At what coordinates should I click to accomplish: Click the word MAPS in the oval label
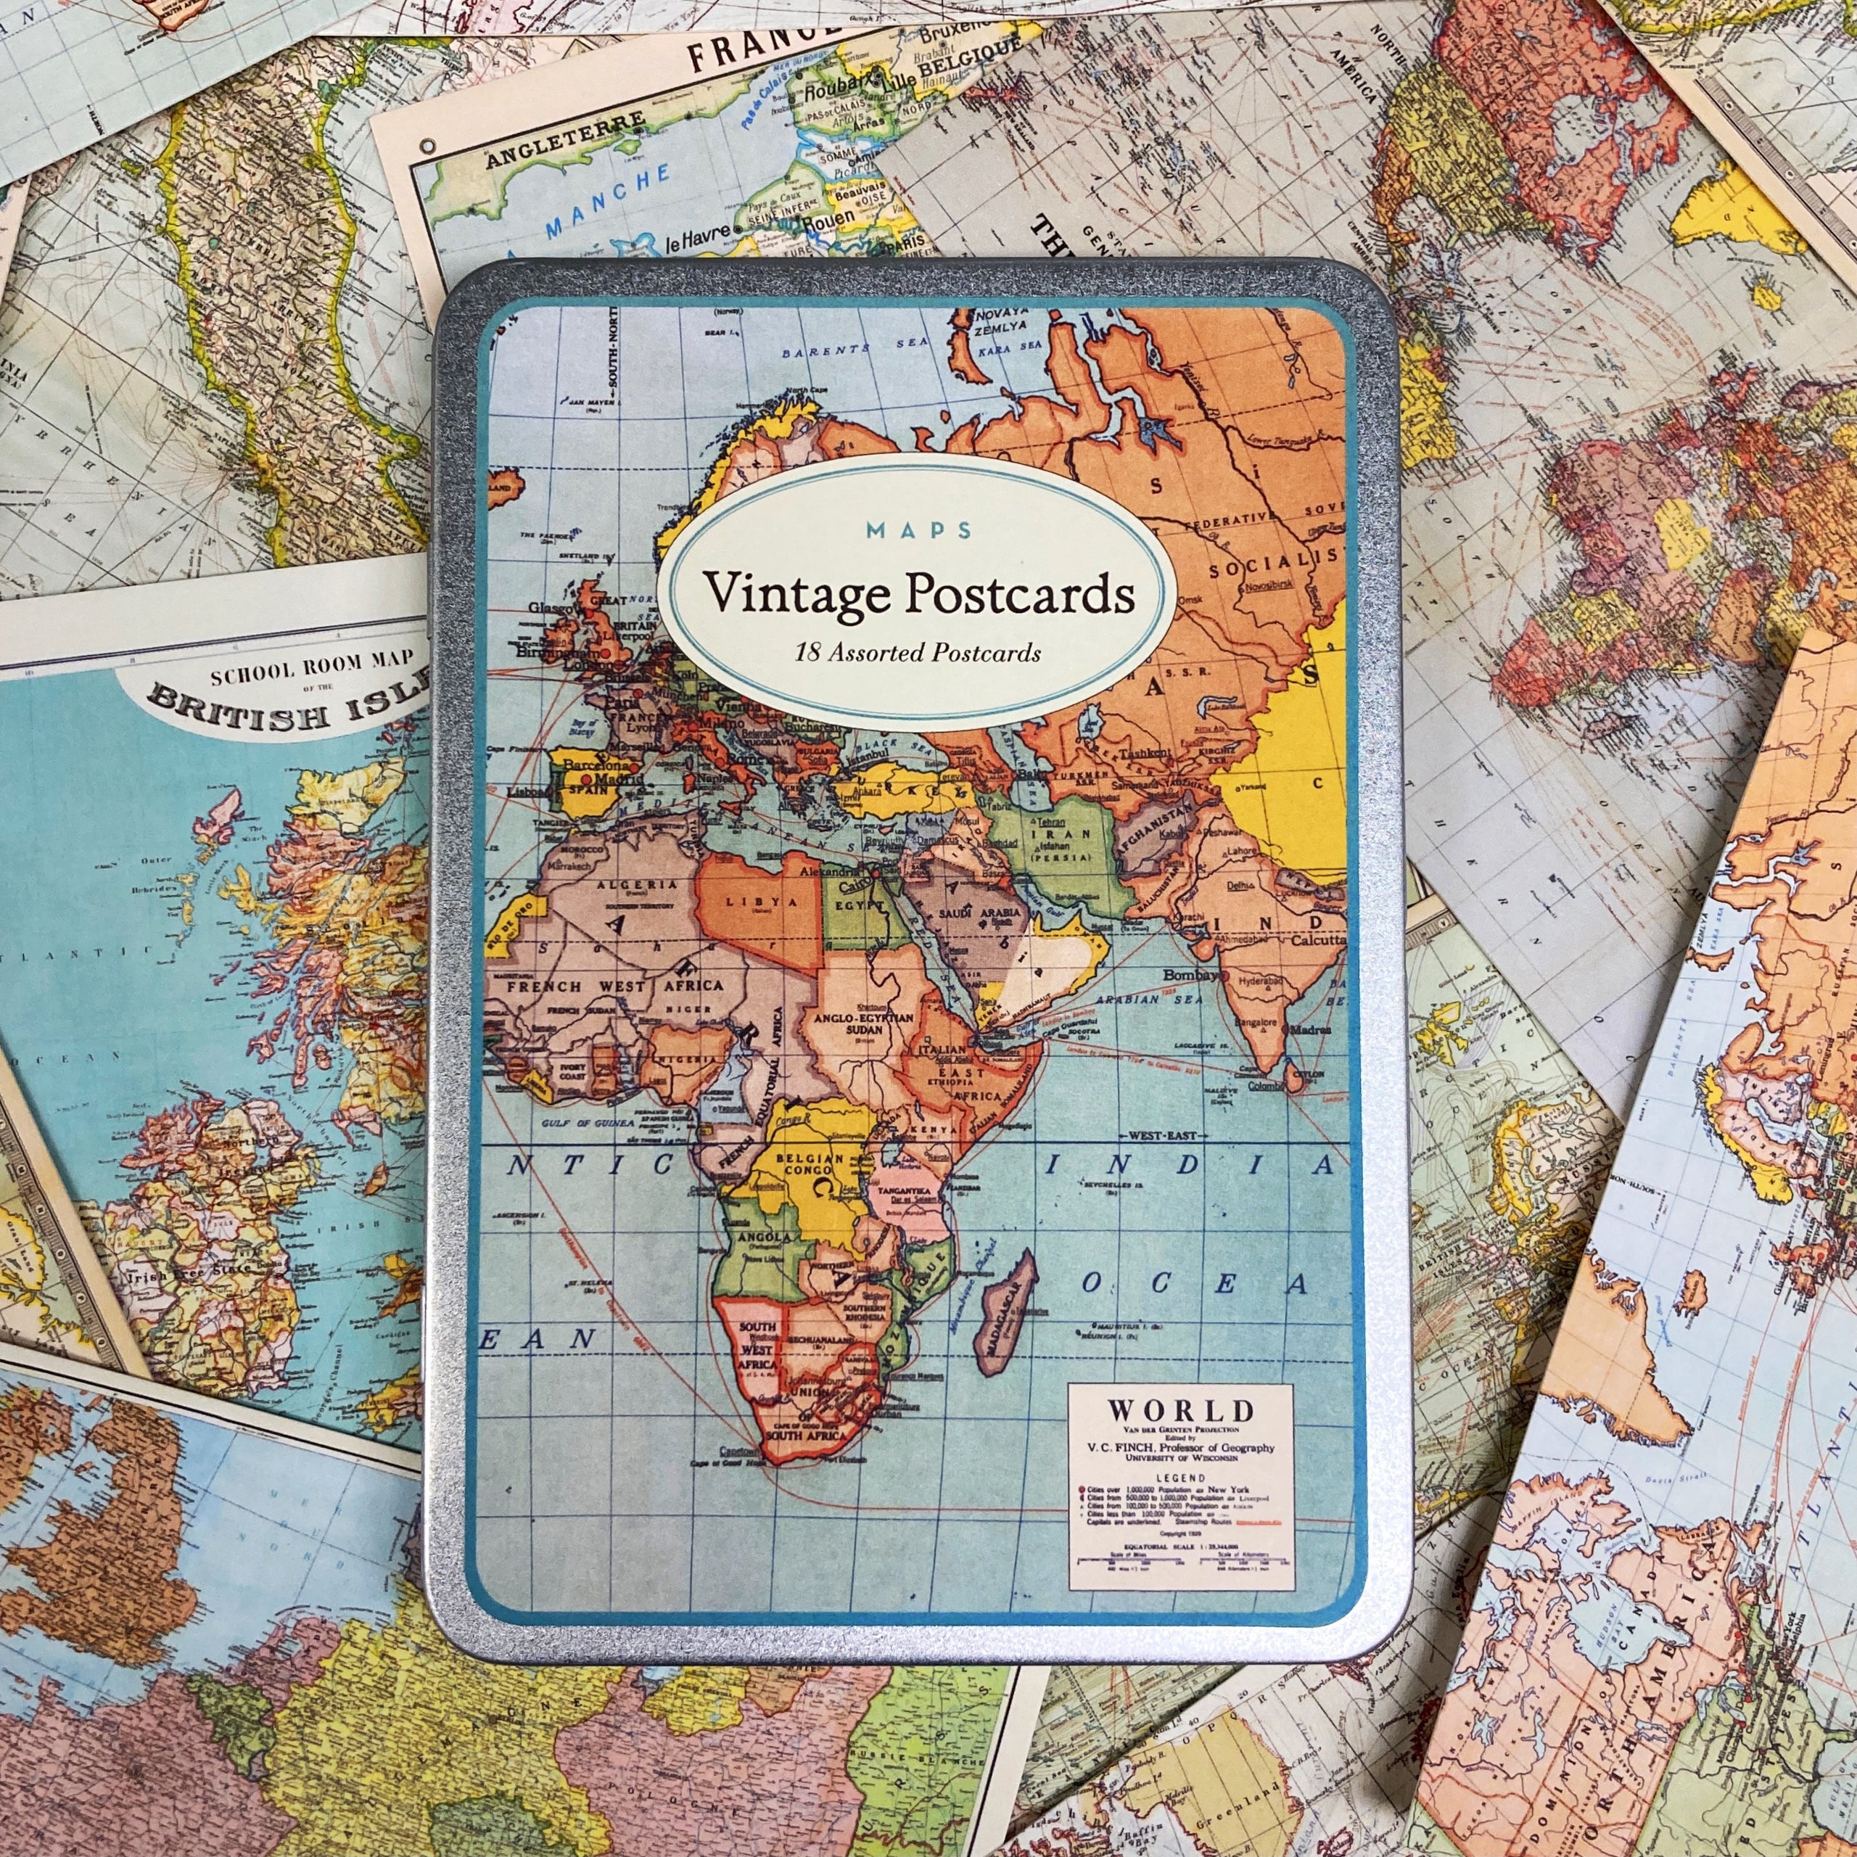918,530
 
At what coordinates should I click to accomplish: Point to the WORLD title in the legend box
1180,1411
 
